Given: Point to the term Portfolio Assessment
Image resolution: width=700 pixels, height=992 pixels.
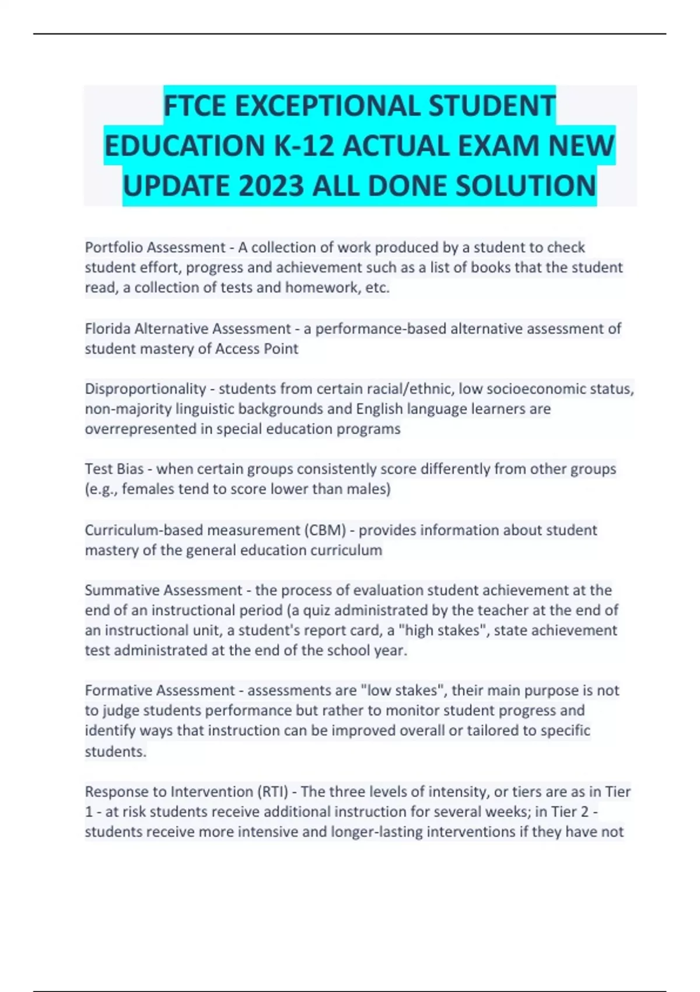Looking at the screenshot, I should point(155,247).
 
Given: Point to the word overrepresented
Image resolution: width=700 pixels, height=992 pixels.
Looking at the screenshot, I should point(148,429).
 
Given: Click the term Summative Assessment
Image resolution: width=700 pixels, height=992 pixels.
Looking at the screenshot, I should point(163,590).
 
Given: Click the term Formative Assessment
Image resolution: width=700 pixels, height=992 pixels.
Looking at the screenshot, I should point(160,690).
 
